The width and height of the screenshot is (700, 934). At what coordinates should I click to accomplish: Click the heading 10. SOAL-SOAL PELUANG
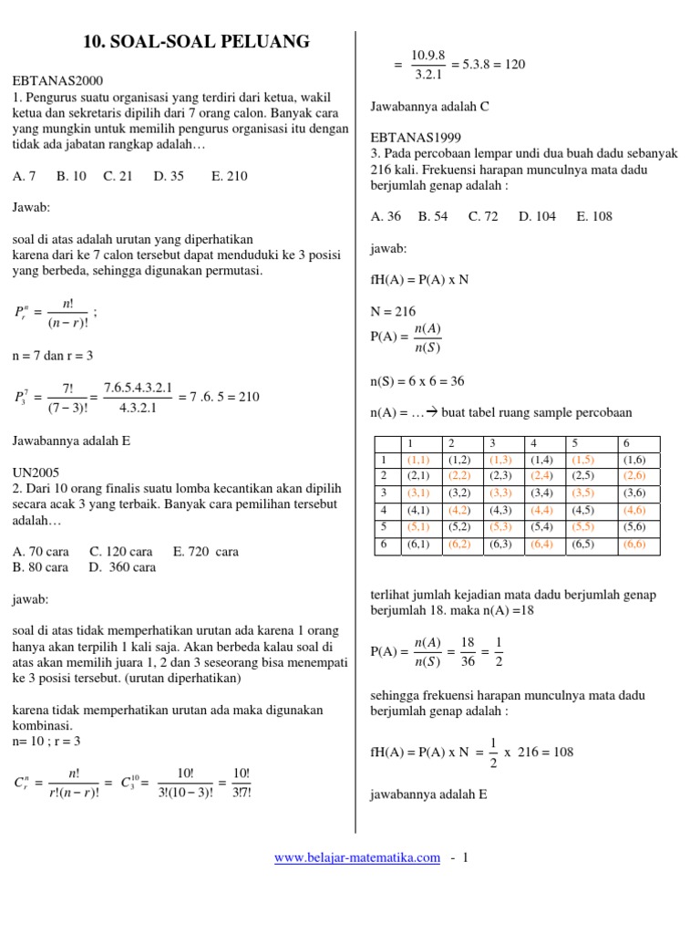point(196,41)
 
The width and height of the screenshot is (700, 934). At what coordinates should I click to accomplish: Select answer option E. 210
point(229,176)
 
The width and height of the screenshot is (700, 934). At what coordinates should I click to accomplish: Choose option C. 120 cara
point(121,551)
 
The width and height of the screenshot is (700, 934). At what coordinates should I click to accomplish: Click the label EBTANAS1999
point(413,139)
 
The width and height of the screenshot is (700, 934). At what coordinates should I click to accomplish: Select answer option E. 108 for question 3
point(594,216)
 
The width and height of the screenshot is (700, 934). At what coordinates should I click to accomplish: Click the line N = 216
point(393,310)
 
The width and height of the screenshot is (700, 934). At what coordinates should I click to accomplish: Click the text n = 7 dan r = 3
point(53,355)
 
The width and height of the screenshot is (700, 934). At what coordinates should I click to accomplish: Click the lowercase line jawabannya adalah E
point(429,794)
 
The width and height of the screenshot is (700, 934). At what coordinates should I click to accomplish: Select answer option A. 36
point(386,216)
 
